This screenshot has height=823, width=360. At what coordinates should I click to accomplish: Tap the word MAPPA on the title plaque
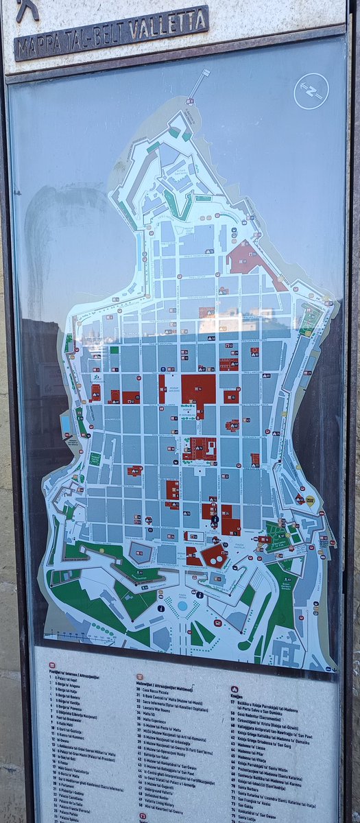click(38, 47)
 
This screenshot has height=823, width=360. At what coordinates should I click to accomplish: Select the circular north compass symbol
click(311, 91)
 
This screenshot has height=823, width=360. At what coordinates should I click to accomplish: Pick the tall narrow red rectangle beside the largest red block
click(162, 388)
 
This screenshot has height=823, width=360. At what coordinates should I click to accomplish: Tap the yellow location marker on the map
click(310, 500)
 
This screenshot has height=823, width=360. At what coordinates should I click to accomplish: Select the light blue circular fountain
click(182, 606)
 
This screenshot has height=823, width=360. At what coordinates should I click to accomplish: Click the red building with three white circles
click(215, 557)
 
